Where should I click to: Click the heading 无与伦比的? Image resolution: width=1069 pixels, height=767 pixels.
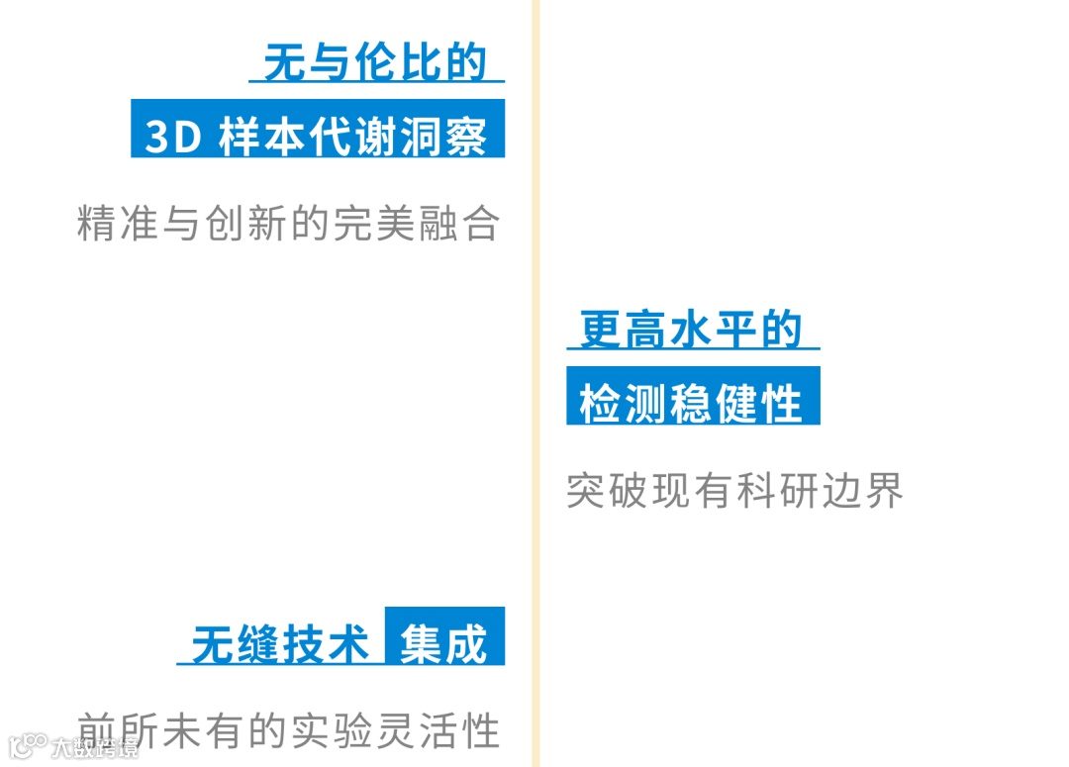pyautogui.click(x=376, y=61)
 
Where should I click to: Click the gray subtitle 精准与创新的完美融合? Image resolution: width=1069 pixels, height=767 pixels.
pyautogui.click(x=288, y=225)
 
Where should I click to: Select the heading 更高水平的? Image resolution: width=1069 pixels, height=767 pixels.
pyautogui.click(x=691, y=330)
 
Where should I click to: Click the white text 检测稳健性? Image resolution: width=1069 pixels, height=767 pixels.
pyautogui.click(x=691, y=404)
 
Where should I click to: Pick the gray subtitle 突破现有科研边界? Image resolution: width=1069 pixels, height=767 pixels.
pyautogui.click(x=735, y=491)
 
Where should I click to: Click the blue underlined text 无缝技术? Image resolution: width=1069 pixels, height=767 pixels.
pyautogui.click(x=281, y=645)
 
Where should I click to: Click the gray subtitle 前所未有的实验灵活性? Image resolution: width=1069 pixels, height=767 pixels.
pyautogui.click(x=288, y=730)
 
